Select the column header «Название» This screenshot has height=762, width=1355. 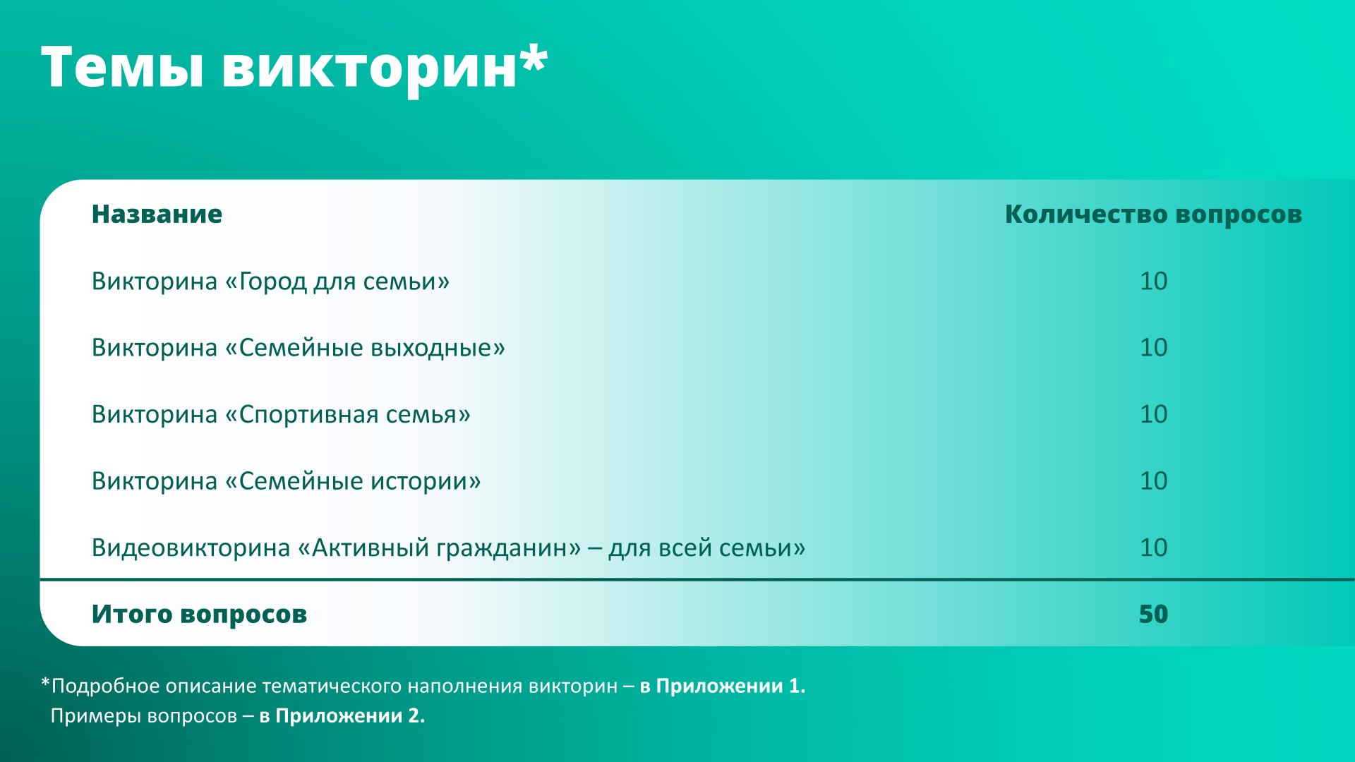pos(157,214)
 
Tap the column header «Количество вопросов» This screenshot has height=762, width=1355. pos(1153,214)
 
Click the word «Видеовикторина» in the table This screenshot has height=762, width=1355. pos(191,548)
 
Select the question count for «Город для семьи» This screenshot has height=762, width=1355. pos(1154,281)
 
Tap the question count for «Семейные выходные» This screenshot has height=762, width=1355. pos(1154,347)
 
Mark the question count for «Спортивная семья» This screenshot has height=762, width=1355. pos(1154,413)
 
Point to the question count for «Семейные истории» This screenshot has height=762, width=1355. pos(1154,480)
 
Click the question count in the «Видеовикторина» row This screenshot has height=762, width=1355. pos(1154,548)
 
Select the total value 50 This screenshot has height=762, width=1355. pos(1154,614)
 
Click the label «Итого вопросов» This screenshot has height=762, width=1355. pos(199,614)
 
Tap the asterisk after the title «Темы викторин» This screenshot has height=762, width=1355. pos(534,57)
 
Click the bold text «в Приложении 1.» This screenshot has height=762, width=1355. pos(723,686)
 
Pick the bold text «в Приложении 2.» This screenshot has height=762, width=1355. pos(342,715)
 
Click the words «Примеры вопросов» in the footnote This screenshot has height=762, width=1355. pos(144,715)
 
